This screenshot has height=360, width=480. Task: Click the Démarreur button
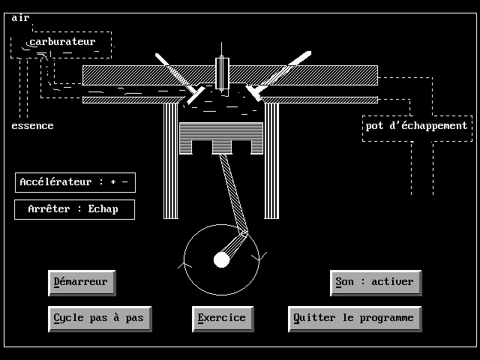81,282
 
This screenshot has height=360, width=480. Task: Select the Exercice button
221,318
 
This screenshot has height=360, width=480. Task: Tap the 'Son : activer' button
374,282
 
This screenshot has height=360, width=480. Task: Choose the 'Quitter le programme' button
354,318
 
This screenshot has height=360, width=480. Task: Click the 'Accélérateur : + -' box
75,182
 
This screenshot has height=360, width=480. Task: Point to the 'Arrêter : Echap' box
74,209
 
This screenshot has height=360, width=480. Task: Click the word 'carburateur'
63,42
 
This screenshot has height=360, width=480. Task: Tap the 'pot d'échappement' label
416,126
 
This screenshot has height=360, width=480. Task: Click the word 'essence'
32,126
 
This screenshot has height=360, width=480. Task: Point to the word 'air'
20,17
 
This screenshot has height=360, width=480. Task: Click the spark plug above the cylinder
223,73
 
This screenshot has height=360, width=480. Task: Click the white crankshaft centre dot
221,259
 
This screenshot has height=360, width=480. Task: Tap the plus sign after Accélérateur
113,182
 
